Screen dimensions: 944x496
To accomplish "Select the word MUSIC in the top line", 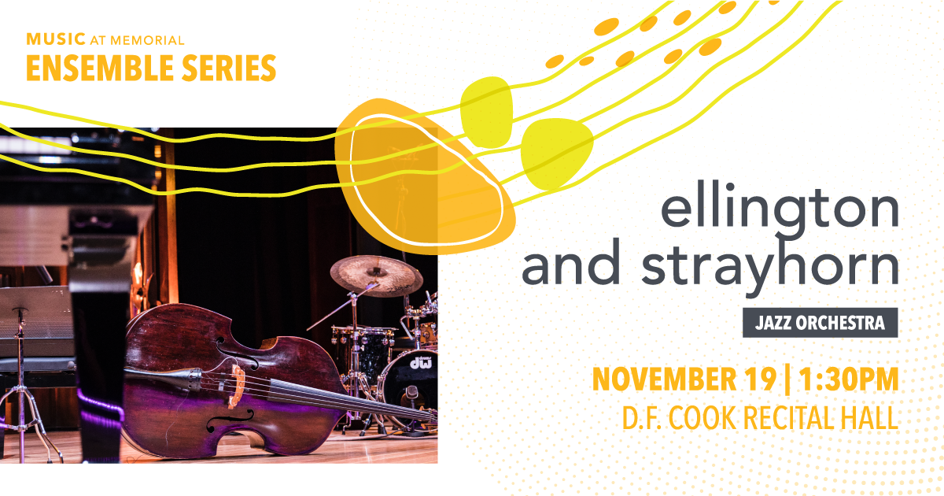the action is point(56,39).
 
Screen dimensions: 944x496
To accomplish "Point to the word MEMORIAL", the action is point(147,40).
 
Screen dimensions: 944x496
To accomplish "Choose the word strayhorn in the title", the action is point(770,267).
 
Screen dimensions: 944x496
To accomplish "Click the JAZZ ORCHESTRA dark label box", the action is point(820,323).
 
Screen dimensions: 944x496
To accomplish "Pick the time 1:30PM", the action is point(849,379).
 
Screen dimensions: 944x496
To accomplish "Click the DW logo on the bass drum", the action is point(421,362).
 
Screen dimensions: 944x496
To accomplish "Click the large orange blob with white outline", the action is point(425,176).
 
